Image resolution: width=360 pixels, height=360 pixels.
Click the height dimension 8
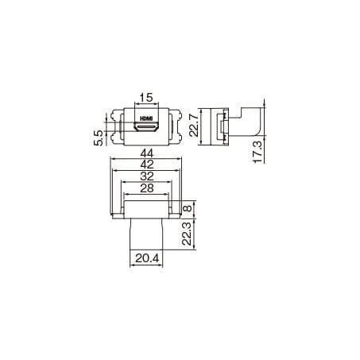(x=188, y=211)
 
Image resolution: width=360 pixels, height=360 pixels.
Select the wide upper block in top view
(x=145, y=211)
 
